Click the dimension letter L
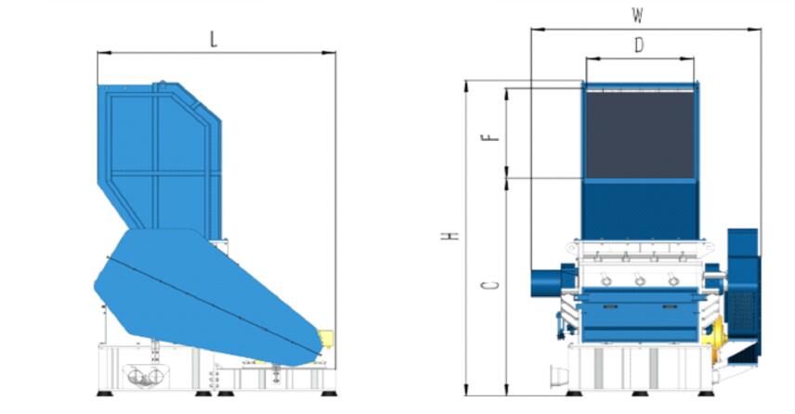pos(214,40)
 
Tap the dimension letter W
pos(637,16)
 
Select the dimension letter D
pos(639,45)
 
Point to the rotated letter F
pos(490,137)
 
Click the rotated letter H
pos(450,236)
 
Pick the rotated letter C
pos(489,285)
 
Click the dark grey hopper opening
pos(640,135)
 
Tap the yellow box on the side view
pos(325,339)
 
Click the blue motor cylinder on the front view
pos(546,283)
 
